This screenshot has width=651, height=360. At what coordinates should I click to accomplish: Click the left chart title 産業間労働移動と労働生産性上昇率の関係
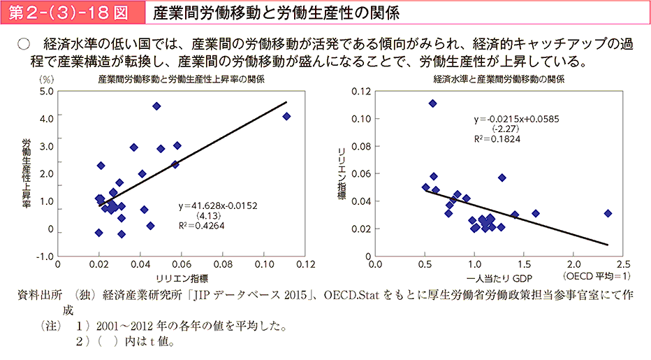[181, 80]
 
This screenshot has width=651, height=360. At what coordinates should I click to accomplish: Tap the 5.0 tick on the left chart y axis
[47, 92]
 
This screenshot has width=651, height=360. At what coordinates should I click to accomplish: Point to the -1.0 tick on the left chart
[45, 257]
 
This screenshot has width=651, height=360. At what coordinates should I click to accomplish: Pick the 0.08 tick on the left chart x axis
[223, 266]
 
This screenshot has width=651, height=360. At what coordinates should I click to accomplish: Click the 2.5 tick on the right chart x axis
[623, 266]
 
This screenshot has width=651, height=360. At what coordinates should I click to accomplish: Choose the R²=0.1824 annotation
[497, 138]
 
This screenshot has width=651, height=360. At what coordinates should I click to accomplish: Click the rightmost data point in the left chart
[286, 116]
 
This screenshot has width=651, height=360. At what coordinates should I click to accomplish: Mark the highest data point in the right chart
[432, 103]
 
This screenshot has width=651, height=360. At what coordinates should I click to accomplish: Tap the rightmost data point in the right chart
[608, 213]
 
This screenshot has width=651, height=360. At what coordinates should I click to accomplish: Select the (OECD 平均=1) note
[592, 278]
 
